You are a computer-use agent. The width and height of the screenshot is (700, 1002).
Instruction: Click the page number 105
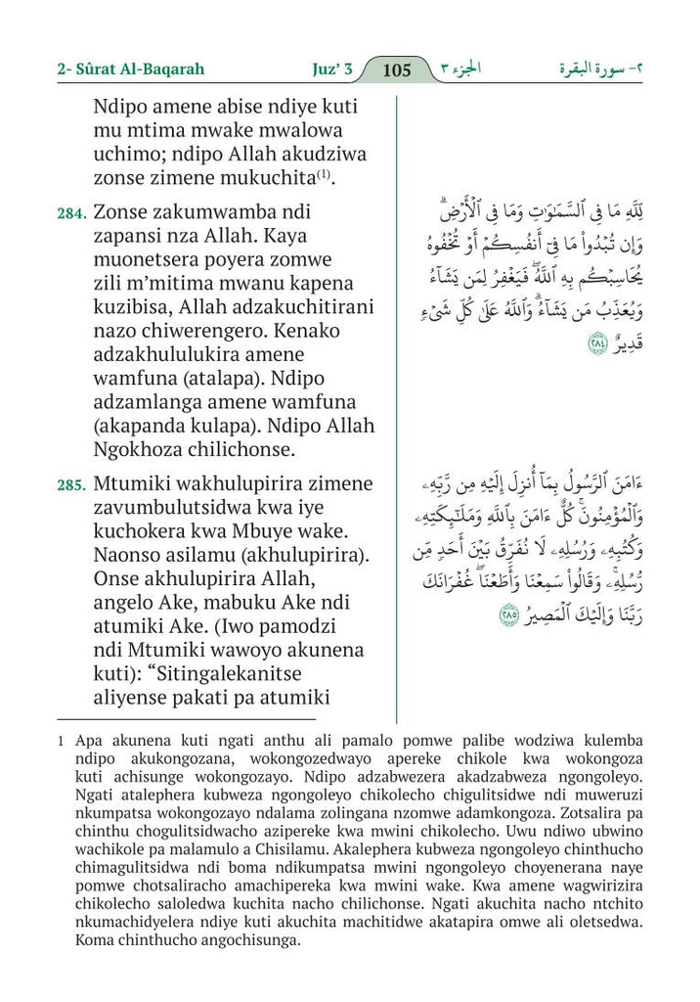[397, 69]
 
